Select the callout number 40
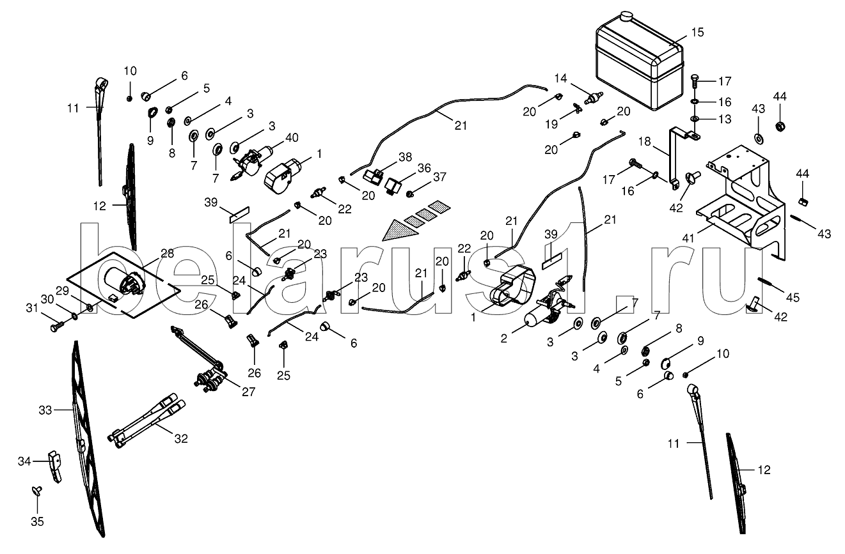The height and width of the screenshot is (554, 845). click(291, 137)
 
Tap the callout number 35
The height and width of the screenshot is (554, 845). click(38, 521)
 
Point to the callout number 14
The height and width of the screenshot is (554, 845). click(561, 79)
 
